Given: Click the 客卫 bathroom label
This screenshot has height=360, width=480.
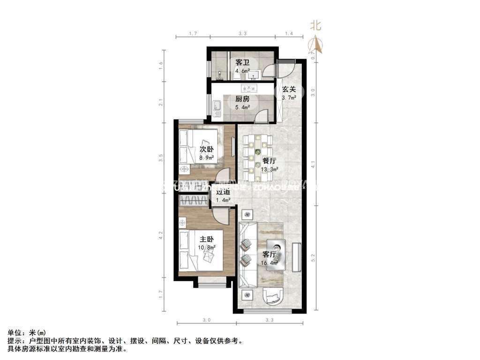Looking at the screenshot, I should point(242,62).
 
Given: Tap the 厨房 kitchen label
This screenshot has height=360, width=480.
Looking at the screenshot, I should point(242,99).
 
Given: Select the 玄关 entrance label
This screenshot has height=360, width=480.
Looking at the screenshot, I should point(289,90).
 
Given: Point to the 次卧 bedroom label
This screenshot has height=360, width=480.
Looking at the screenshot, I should point(207,150).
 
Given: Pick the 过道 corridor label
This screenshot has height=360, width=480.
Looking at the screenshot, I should point(223,192).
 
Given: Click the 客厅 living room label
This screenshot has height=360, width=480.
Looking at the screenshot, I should point(269,255).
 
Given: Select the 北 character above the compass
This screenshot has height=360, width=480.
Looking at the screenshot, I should point(316,26).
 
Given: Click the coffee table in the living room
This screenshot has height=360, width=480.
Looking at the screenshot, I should point(277,251).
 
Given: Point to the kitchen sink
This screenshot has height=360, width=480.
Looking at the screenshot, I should point(217,109).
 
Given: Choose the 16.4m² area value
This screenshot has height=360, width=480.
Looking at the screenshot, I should point(270,263).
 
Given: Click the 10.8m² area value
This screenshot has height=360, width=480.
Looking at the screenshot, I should point(207,247).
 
